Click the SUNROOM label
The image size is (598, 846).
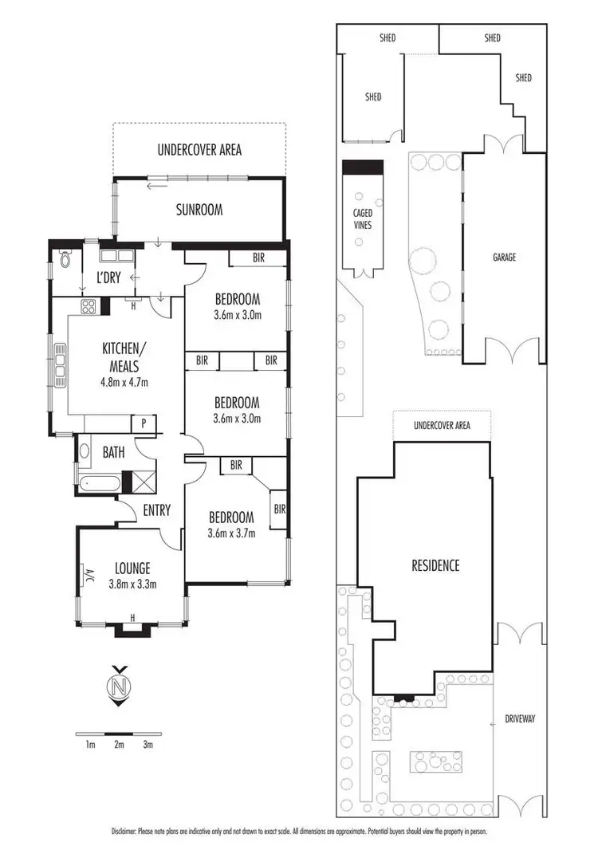(x=199, y=211)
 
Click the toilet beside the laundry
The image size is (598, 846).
(x=65, y=259)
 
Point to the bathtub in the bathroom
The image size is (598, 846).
(x=99, y=482)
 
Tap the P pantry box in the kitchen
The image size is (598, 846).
(x=144, y=423)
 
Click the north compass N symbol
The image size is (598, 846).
(x=120, y=687)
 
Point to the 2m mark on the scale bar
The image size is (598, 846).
(x=120, y=745)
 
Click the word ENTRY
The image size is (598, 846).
(x=156, y=510)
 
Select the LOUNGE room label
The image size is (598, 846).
(x=132, y=569)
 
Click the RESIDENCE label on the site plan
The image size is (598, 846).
(x=435, y=566)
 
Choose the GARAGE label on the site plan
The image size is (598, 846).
(x=504, y=258)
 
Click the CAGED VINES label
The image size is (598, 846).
(x=363, y=219)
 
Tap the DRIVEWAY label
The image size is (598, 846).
(x=520, y=718)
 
